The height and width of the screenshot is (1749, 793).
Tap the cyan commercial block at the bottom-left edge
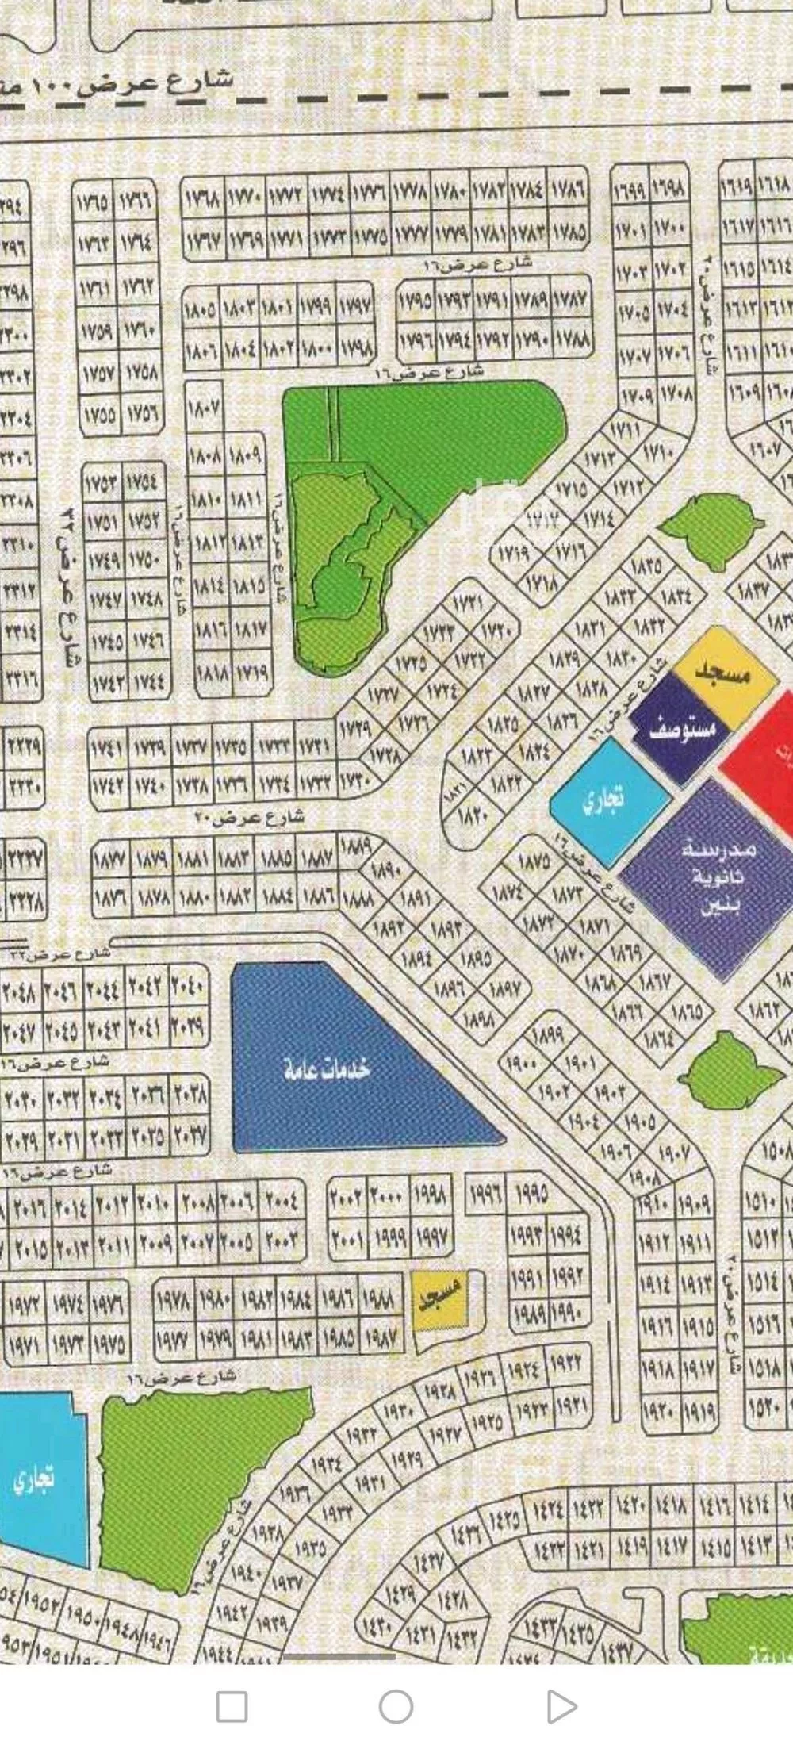[40, 1479]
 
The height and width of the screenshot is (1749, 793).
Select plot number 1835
[648, 566]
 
